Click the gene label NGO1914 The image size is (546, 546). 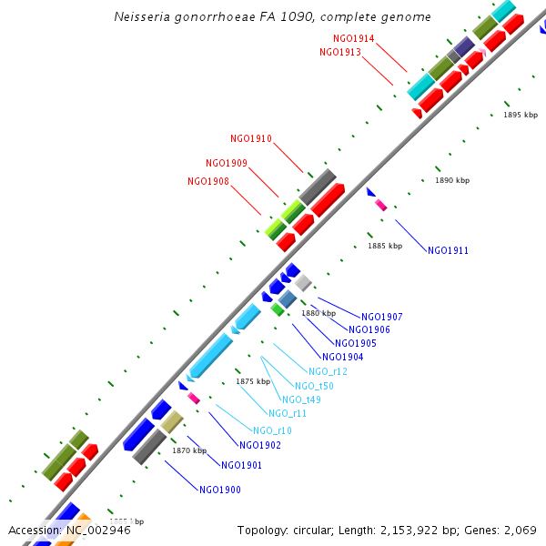coord(354,38)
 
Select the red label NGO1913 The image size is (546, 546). coord(340,52)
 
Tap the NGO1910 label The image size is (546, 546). coord(251,138)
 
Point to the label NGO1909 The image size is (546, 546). coord(227,163)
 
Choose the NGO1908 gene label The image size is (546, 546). coord(208,181)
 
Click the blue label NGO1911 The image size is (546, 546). coord(448,249)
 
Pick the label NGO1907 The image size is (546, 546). coord(382,317)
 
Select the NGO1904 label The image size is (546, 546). coord(343,357)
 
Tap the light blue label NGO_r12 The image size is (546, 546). coord(328,371)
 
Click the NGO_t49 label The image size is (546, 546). coord(301,399)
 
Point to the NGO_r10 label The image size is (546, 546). coord(272,430)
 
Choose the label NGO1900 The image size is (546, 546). coord(220,490)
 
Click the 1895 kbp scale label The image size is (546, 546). coord(521,115)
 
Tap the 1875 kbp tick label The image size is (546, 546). coord(254,381)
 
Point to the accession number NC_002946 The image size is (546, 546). coord(97,530)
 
